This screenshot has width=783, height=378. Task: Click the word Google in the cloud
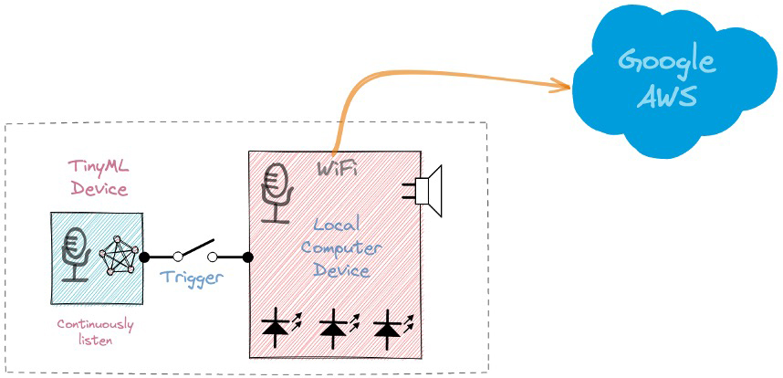point(666,62)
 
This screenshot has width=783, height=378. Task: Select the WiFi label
point(337,170)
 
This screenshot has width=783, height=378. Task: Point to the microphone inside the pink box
point(275,193)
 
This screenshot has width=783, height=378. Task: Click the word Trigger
point(191,278)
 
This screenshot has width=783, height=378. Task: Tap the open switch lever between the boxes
point(195,250)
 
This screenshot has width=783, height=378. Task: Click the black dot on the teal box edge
point(143,257)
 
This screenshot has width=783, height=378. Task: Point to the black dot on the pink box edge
point(248,257)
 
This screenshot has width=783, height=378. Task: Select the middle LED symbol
point(334,327)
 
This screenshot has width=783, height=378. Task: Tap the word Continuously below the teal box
point(95,324)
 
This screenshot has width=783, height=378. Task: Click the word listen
point(95,341)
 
